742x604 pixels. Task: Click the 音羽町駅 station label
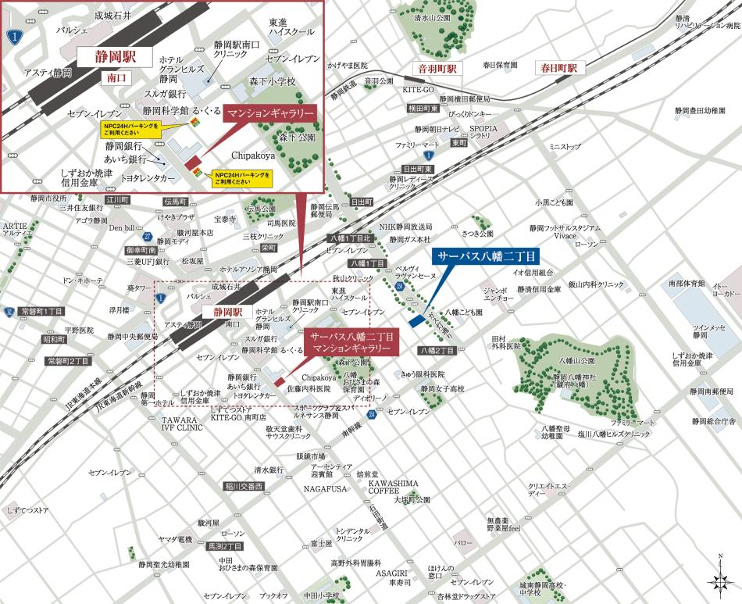point(436,68)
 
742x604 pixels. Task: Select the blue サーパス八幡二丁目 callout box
point(488,256)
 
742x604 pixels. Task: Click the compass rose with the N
point(719,580)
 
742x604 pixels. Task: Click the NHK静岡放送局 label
point(405,227)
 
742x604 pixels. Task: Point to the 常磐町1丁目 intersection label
point(42,311)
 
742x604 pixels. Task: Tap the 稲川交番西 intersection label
point(244,486)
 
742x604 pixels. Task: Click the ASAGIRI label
point(391,573)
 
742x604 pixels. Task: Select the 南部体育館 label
point(687,283)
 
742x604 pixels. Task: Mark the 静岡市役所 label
point(49,198)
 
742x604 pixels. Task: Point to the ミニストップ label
point(565,146)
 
